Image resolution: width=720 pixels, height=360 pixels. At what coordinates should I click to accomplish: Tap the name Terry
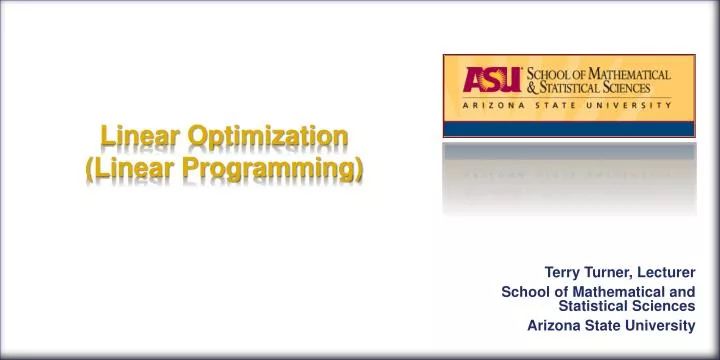click(562, 272)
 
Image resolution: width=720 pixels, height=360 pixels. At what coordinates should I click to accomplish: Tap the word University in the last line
click(659, 325)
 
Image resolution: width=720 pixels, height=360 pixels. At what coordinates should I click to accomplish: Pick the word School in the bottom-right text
click(523, 291)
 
